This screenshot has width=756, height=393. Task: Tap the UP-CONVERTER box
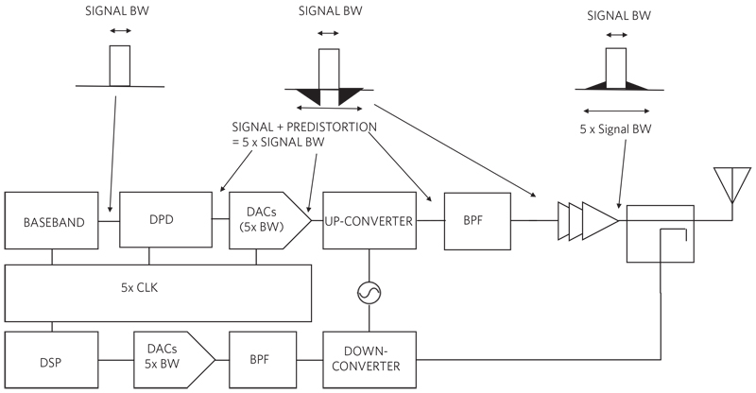369,221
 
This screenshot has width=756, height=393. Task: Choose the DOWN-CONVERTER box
369,360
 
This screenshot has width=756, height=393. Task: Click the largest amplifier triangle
600,221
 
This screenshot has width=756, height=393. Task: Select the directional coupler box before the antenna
661,233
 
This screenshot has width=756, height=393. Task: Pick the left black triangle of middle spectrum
304,95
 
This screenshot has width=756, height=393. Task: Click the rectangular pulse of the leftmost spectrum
120,66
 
